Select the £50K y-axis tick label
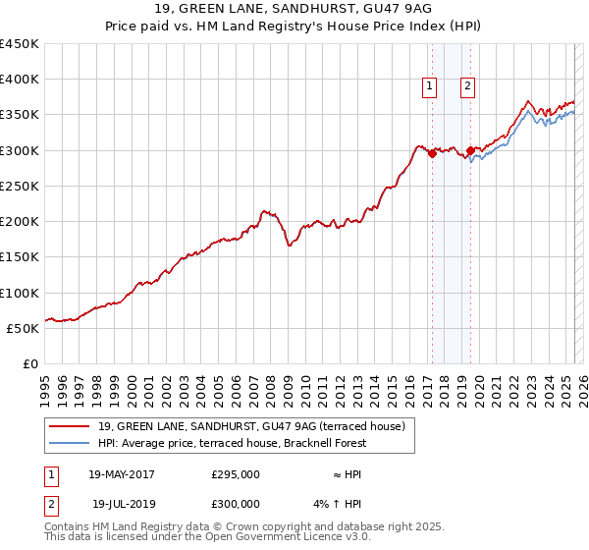click(x=23, y=329)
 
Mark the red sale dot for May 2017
click(x=432, y=153)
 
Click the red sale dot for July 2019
click(x=470, y=150)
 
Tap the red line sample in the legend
click(x=70, y=426)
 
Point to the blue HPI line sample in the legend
click(x=70, y=443)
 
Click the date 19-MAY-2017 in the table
click(x=122, y=474)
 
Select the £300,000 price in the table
click(x=236, y=504)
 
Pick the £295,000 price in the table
click(x=236, y=474)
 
